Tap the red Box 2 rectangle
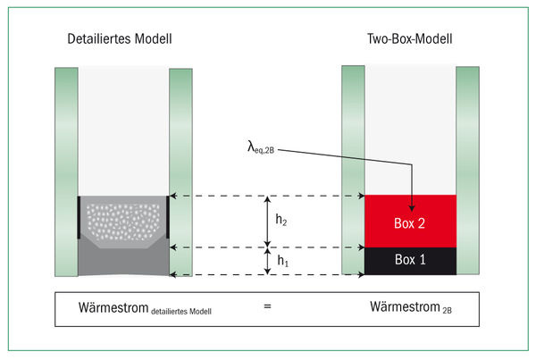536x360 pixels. [x=410, y=222]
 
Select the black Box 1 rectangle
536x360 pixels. [x=410, y=261]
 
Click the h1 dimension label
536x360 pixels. [x=281, y=261]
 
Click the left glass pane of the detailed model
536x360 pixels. [x=66, y=170]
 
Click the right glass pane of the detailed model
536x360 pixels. [x=180, y=170]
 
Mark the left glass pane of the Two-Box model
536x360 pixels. [x=354, y=170]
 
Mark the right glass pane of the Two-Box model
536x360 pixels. [x=467, y=170]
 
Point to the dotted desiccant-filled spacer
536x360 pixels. [x=123, y=217]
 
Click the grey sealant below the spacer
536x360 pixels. [x=123, y=262]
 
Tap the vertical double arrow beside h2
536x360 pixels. [x=267, y=221]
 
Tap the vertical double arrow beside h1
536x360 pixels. [x=267, y=261]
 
